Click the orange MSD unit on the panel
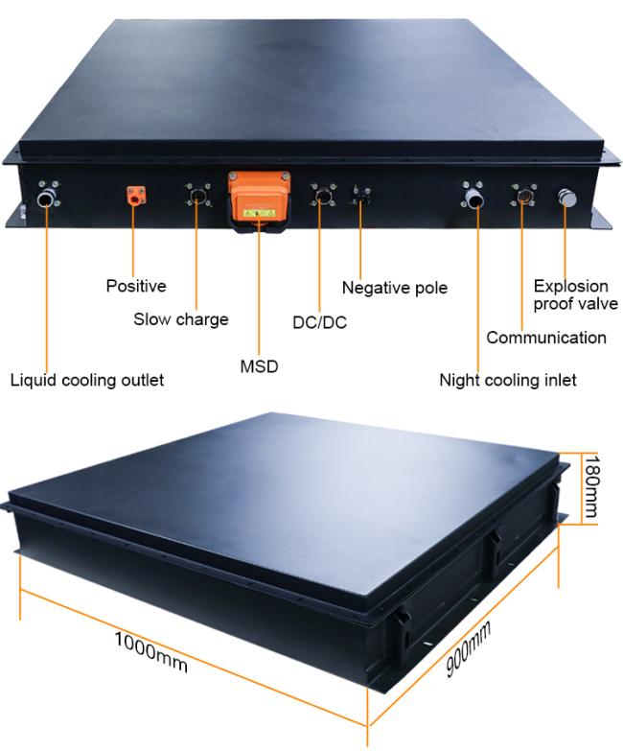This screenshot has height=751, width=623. pos(259,200)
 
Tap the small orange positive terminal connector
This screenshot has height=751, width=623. pos(136,196)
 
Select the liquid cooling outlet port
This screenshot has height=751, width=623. pos(47,197)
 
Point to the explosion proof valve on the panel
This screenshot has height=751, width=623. pos(567,198)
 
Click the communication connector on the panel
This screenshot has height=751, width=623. pos(524,196)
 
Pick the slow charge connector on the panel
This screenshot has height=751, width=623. pos(197,196)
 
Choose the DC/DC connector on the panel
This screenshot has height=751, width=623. pos(323,196)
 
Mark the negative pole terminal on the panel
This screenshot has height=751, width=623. pos(360,196)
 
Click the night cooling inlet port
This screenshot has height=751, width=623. pos(473,196)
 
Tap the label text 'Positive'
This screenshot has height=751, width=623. pos(136,286)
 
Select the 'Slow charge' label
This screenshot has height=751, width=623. pos(181,319)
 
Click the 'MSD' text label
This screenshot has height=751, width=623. pos(259,366)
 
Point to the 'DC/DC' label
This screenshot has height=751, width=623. pos(319,322)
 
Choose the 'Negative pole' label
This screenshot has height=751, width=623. pos(395,288)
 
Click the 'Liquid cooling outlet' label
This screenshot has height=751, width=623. pos(87,380)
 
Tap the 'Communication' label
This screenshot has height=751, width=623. pos(546,338)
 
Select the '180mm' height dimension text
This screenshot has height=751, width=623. pos(591,486)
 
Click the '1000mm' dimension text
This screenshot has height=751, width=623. pos(150,652)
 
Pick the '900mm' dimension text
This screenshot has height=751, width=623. pos(468,648)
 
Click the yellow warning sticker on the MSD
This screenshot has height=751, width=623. pos(259,213)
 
